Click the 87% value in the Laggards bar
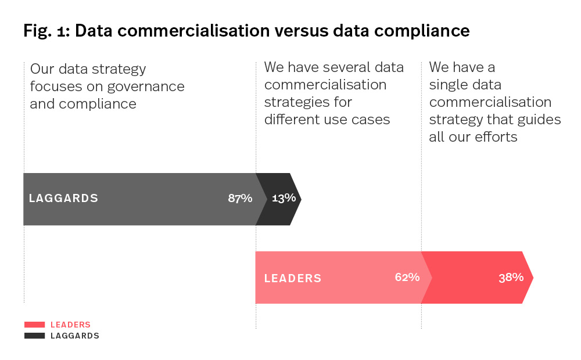point(240,199)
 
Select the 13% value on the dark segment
point(284,199)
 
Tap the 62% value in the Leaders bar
point(407,277)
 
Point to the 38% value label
point(511,278)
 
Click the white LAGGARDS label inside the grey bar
point(63,199)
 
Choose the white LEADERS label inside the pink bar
point(293,278)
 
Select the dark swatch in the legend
point(34,336)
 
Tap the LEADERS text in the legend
point(70,325)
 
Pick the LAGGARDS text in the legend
point(75,336)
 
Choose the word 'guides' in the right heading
point(541,120)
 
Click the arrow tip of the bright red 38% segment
point(532,278)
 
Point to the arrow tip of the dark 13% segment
point(300,199)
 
